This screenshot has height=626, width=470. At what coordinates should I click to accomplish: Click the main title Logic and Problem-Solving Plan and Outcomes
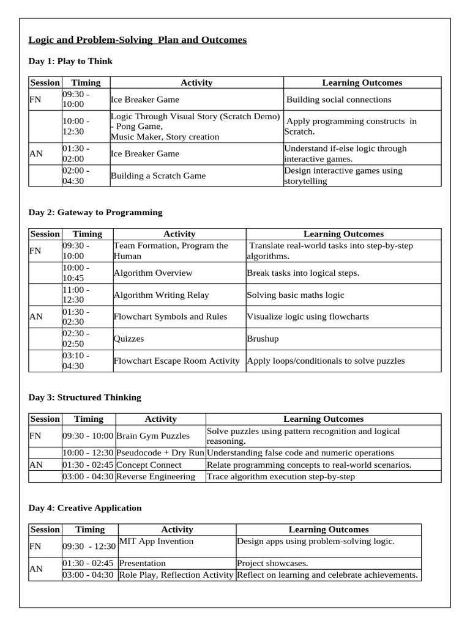click(x=138, y=40)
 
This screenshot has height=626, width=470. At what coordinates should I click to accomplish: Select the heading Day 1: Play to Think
click(x=70, y=61)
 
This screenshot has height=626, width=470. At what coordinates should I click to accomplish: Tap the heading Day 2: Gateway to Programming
click(x=95, y=212)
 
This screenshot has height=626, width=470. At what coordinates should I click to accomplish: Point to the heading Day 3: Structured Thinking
click(x=84, y=397)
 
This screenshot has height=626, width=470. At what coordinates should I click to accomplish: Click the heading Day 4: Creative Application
click(x=85, y=508)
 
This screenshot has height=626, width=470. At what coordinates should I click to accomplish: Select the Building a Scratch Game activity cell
click(x=158, y=176)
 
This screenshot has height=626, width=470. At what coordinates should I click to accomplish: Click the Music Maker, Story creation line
click(x=165, y=137)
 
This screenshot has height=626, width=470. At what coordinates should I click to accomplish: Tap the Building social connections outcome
click(x=338, y=100)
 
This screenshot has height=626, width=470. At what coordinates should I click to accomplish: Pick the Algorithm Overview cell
click(x=152, y=273)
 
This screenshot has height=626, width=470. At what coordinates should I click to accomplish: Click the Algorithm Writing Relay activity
click(x=161, y=295)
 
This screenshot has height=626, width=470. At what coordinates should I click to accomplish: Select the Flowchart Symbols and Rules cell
click(x=170, y=317)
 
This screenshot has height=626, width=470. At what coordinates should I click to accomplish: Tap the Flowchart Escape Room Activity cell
click(x=176, y=361)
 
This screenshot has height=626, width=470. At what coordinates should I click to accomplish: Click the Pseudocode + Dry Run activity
click(x=160, y=453)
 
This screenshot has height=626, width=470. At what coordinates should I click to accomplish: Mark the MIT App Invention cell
click(x=156, y=541)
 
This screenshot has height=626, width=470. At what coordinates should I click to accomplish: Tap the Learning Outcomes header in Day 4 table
click(x=329, y=529)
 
